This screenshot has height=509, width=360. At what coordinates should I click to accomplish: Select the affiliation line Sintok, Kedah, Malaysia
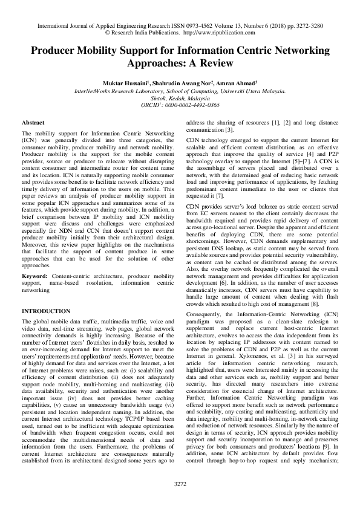coord(180,97)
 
